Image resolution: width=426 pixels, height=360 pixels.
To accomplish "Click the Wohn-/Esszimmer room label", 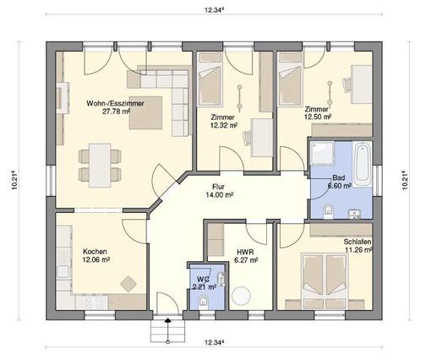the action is [115, 103].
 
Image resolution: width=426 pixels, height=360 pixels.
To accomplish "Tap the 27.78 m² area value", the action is [117, 112].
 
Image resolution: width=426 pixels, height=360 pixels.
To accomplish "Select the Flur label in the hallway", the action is [218, 187].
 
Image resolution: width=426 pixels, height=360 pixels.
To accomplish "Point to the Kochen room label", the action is [95, 252].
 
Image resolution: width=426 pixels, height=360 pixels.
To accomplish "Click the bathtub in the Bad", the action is [363, 164].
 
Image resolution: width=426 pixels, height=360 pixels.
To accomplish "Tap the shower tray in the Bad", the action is [322, 153].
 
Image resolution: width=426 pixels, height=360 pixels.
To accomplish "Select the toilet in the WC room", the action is [203, 301].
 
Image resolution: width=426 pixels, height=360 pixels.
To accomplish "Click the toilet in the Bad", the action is [328, 210].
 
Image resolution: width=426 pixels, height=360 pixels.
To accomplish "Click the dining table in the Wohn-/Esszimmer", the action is [100, 166].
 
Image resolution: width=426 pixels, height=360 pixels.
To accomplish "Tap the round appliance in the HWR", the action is [241, 296].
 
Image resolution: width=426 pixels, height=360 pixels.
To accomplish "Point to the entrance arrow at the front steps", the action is [168, 320].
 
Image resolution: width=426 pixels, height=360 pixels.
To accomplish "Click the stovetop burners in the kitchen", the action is [94, 303].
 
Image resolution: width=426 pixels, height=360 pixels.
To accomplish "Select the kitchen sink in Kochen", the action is [63, 271].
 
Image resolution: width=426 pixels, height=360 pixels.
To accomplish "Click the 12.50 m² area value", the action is [318, 117].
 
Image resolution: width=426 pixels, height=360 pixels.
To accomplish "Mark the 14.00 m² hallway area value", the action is [220, 195].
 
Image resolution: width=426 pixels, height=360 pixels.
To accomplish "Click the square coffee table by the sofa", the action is [145, 112].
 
